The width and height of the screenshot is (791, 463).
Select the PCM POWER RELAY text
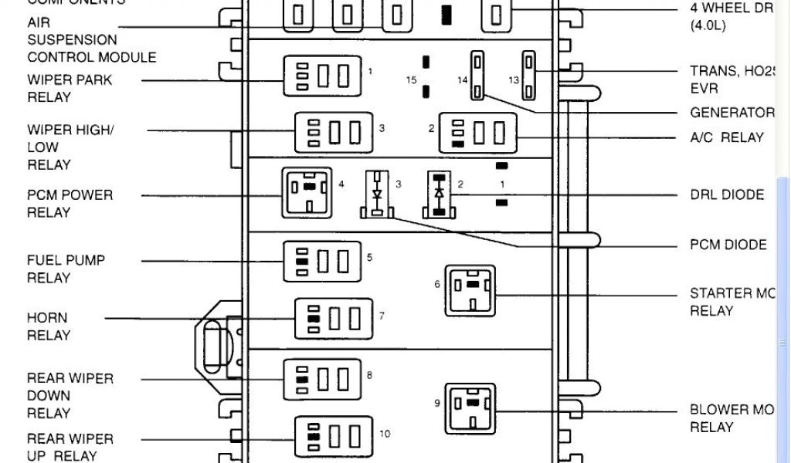[x=70, y=204]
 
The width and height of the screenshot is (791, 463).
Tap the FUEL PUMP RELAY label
[x=66, y=269]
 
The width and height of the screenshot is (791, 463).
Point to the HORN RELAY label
[x=49, y=326]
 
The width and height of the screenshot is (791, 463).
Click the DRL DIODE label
[x=727, y=195]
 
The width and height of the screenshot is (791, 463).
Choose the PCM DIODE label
[x=728, y=245]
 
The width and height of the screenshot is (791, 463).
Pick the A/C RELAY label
[x=726, y=137]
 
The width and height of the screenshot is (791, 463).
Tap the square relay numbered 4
[x=305, y=192]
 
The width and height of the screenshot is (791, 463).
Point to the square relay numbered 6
[x=470, y=290]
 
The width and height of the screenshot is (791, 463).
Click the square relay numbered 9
[x=470, y=408]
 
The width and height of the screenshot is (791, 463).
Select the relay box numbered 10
[x=334, y=438]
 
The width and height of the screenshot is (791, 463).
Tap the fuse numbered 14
[x=479, y=76]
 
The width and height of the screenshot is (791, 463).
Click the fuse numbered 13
[x=529, y=76]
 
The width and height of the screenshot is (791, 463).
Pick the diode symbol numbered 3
[x=377, y=197]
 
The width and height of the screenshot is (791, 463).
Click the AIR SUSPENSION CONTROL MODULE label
[x=91, y=40]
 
